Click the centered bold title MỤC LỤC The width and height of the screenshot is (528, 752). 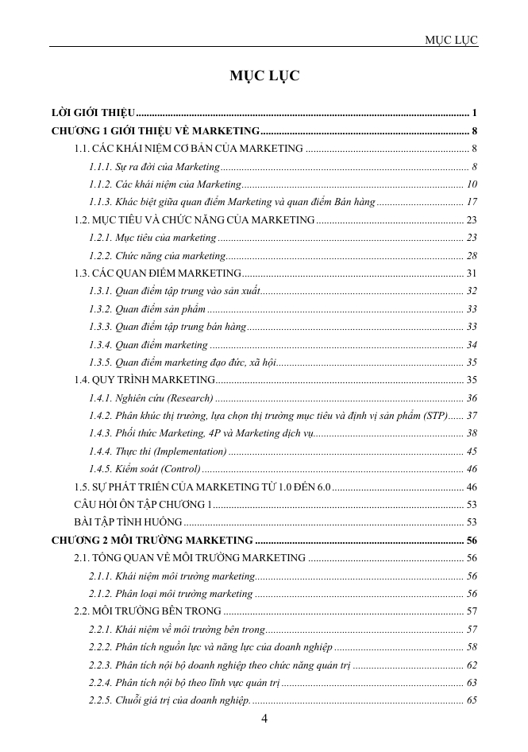point(264,76)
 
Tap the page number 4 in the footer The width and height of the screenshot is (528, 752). point(264,719)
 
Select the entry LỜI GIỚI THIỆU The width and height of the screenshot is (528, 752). point(92,111)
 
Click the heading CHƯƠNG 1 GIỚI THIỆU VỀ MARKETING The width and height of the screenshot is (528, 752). point(155,130)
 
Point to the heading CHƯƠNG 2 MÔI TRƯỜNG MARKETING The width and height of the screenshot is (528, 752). point(152,541)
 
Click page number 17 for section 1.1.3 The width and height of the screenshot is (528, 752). point(472,203)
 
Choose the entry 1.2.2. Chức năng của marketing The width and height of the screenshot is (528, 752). point(158,256)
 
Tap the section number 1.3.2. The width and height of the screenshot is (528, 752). point(100,309)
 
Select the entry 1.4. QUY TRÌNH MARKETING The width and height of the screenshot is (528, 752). point(143,380)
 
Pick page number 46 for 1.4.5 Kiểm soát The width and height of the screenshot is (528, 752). point(472,469)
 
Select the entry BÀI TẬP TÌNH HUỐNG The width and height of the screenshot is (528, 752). point(127,522)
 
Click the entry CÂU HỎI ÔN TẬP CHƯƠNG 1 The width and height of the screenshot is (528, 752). point(143,505)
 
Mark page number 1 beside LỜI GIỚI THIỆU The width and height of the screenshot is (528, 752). point(474,111)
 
